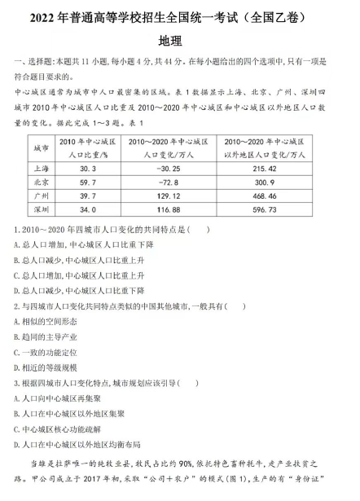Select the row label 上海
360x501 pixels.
pyautogui.click(x=42, y=169)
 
